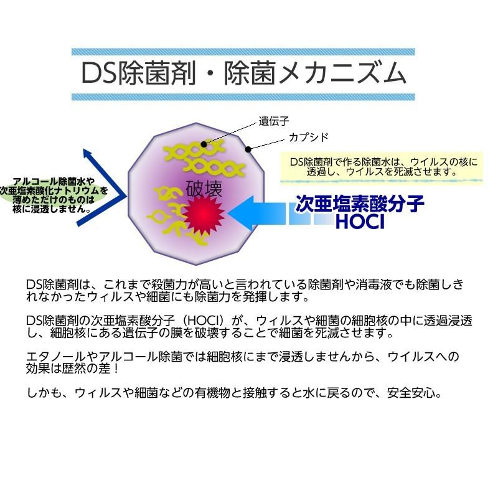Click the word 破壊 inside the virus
pos(204,189)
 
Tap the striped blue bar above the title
pos(243,52)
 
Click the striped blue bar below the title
pos(243,97)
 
